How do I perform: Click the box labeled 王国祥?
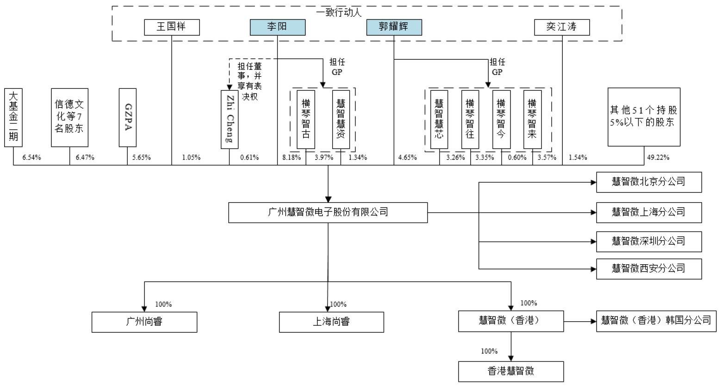(x=172, y=27)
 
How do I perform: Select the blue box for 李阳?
(x=277, y=27)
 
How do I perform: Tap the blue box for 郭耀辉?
(x=394, y=27)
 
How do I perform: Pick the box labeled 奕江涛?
(x=562, y=27)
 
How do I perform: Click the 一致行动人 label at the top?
(x=339, y=12)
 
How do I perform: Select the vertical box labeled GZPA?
(x=128, y=118)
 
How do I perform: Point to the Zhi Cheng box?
(x=229, y=119)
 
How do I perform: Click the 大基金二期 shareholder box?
(x=13, y=118)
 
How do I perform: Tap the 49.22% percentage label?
(x=658, y=157)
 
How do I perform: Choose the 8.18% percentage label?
(x=292, y=157)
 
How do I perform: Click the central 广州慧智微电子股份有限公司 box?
(x=328, y=212)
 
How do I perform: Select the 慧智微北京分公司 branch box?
(x=648, y=182)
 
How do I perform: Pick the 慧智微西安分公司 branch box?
(x=648, y=268)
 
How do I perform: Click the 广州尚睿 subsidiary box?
(x=144, y=322)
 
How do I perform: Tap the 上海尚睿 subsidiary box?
(x=331, y=322)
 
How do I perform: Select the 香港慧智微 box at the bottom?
(x=511, y=371)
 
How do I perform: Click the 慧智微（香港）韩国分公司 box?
(x=656, y=321)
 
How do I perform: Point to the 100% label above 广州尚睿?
(x=163, y=305)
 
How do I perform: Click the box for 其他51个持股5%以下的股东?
(x=644, y=117)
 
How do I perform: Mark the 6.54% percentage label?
(x=31, y=157)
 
